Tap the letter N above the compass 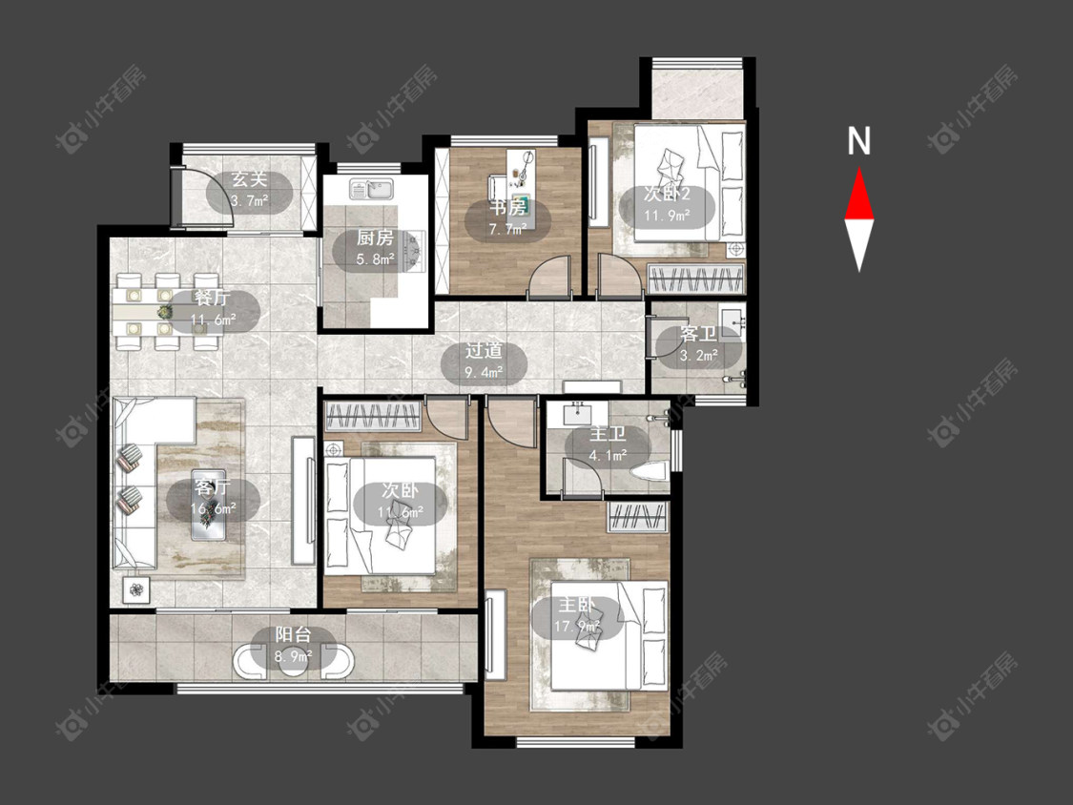coord(858,141)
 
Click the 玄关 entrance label coord(249,180)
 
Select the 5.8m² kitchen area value coord(376,259)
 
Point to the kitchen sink coord(372,188)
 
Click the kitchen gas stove coord(415,249)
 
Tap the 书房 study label coord(507,207)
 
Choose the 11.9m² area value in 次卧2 coord(667,216)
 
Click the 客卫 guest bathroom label coord(699,334)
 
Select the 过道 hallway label coord(485,351)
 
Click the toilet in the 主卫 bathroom coord(650,472)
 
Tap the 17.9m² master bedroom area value coord(577,626)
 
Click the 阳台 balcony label coord(294,634)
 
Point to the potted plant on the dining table coord(165,312)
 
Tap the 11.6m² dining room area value coord(214,319)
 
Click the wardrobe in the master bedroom coord(638,517)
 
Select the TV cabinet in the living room coord(304,501)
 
